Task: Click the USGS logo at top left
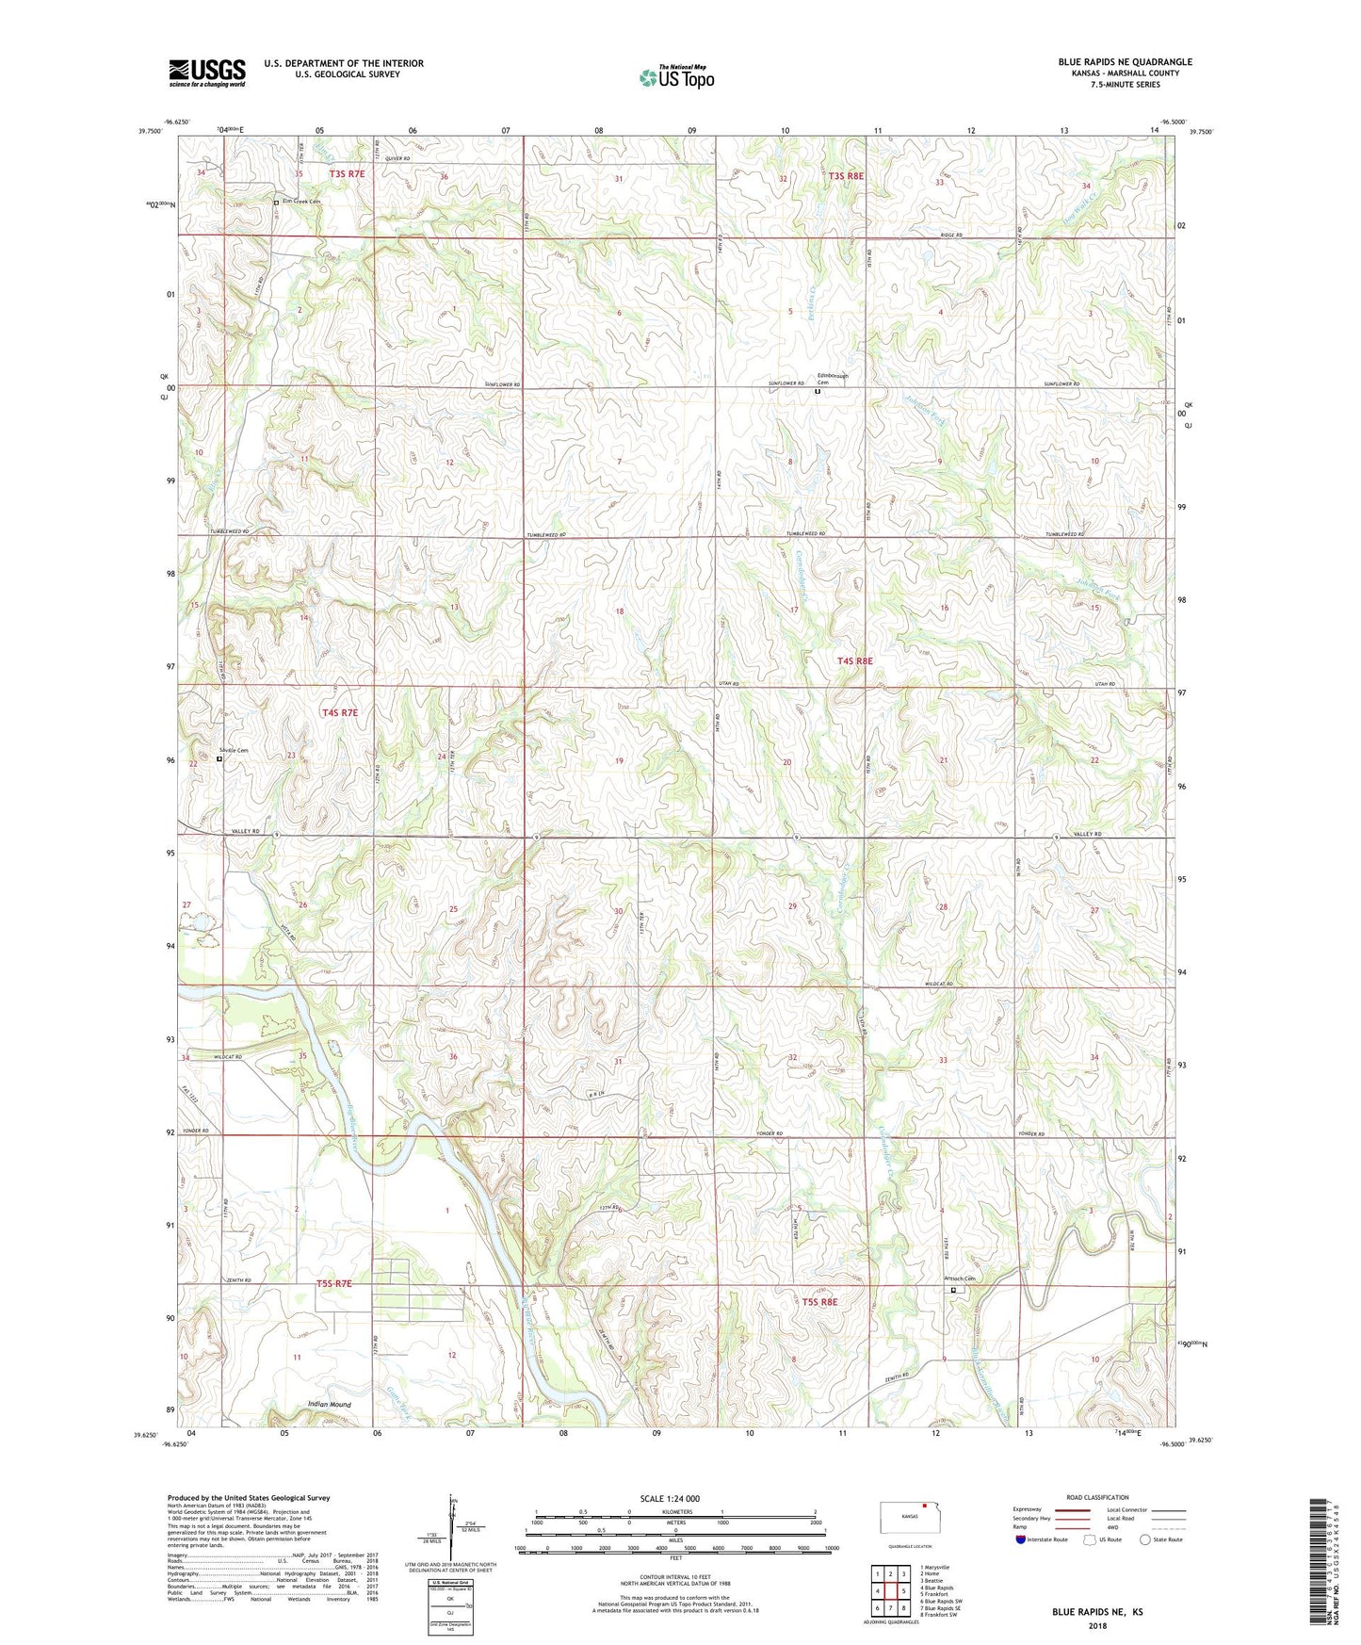tap(207, 73)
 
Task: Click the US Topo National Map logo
tap(676, 77)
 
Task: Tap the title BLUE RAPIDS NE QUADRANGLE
tap(1125, 62)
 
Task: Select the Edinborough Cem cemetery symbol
tap(817, 392)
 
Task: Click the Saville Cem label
tap(234, 750)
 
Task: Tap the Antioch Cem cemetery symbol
tap(953, 1290)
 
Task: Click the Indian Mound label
tap(330, 1405)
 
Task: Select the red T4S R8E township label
tap(854, 661)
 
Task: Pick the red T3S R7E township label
tap(347, 174)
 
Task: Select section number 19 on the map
tap(619, 761)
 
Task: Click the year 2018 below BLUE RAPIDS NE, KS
tap(1097, 1626)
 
